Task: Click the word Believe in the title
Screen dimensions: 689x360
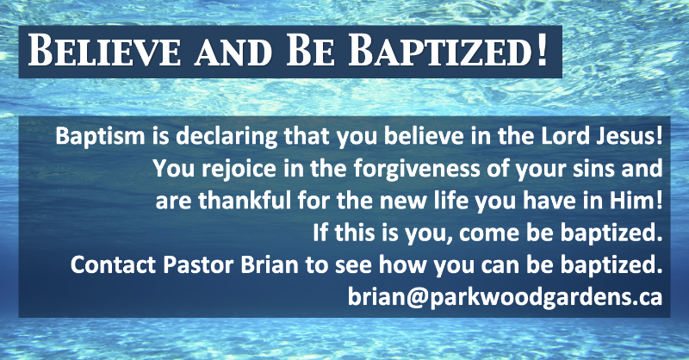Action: point(104,51)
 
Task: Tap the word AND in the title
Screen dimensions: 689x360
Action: point(233,54)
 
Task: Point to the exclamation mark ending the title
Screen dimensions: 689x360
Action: point(542,50)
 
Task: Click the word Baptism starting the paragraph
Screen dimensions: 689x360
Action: point(100,137)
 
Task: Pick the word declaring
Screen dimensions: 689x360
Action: point(227,138)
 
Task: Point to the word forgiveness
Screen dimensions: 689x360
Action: point(417,170)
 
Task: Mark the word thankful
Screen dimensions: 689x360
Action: point(245,201)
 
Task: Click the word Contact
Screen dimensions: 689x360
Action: point(113,265)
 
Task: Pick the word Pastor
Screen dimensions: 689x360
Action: point(198,265)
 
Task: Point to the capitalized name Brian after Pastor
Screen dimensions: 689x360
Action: point(270,265)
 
